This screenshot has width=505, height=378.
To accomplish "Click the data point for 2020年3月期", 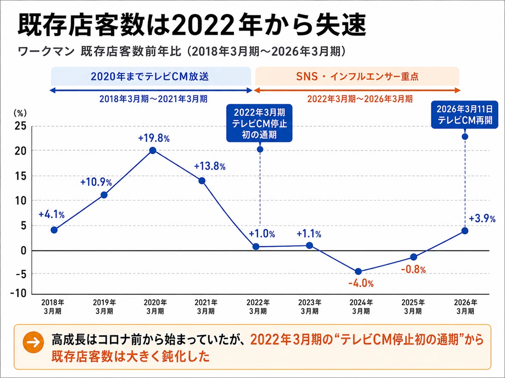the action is click(x=152, y=150).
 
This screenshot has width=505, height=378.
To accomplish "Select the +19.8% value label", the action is click(x=154, y=139).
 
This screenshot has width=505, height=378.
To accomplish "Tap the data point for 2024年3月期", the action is click(x=358, y=271).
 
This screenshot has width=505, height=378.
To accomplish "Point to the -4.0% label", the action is click(x=361, y=283).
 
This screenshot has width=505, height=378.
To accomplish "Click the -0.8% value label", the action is click(x=413, y=270).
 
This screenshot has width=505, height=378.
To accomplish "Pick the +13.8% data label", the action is click(x=210, y=166).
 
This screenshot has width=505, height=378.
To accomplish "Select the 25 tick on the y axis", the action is click(x=20, y=126).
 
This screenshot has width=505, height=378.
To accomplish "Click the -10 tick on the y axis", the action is click(x=19, y=293).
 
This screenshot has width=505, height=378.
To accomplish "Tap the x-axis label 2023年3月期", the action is click(x=310, y=307).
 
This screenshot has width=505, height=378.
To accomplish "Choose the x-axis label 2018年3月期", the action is click(x=53, y=307).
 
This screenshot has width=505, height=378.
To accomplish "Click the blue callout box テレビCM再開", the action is click(x=465, y=115).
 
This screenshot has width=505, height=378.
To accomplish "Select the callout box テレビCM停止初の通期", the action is click(x=259, y=123).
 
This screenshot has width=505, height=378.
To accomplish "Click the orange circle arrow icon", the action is click(x=33, y=342).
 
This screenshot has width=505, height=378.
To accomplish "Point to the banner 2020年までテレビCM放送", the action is click(x=151, y=76).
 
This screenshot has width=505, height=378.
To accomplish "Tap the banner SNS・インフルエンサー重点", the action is click(x=357, y=76).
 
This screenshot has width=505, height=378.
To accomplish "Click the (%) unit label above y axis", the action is click(x=20, y=113).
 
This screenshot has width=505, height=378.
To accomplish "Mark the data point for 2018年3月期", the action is click(x=54, y=230).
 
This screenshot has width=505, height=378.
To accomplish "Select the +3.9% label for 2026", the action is click(x=482, y=219).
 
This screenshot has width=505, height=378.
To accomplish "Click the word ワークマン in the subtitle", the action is click(x=46, y=51).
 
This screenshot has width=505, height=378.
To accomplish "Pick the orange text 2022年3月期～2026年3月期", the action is click(x=360, y=99).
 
